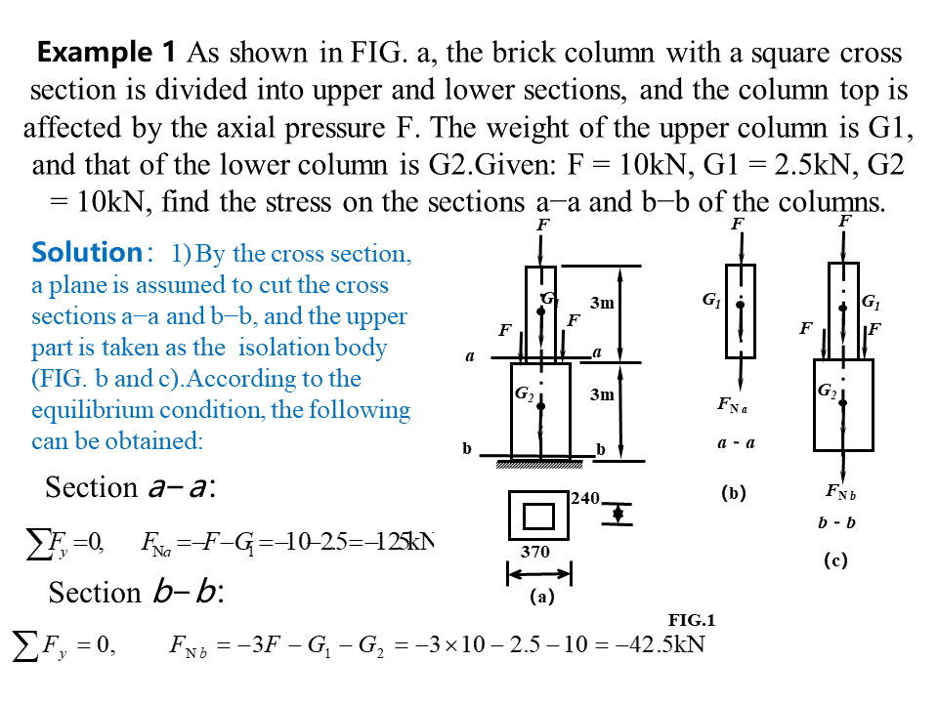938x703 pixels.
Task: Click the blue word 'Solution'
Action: click(x=88, y=253)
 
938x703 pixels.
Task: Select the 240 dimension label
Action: click(x=584, y=499)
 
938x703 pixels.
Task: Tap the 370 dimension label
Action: click(x=534, y=552)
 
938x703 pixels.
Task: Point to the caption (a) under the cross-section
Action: click(x=541, y=598)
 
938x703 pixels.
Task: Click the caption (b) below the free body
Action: click(x=734, y=494)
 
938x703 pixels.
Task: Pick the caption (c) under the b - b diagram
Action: click(x=835, y=560)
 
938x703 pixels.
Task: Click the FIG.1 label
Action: click(x=692, y=621)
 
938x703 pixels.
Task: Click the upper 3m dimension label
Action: click(x=602, y=303)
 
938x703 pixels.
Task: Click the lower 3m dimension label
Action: click(x=602, y=395)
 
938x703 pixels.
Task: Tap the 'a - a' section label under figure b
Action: click(x=736, y=443)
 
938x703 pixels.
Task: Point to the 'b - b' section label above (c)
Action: click(x=836, y=522)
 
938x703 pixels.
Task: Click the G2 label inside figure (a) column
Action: click(x=525, y=393)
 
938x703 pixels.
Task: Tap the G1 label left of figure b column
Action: click(x=711, y=301)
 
